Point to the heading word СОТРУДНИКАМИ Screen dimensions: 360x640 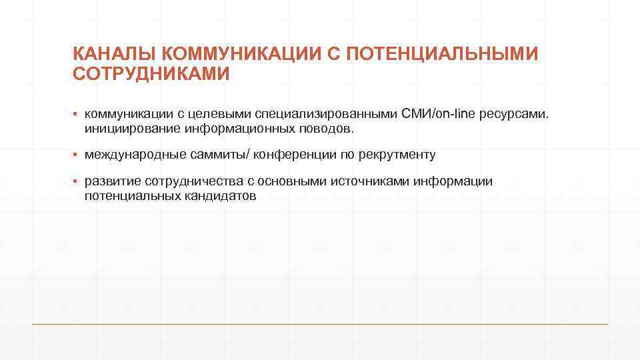[151, 73]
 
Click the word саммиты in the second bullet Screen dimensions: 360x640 [205, 155]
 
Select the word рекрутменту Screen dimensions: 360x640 [397, 155]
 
